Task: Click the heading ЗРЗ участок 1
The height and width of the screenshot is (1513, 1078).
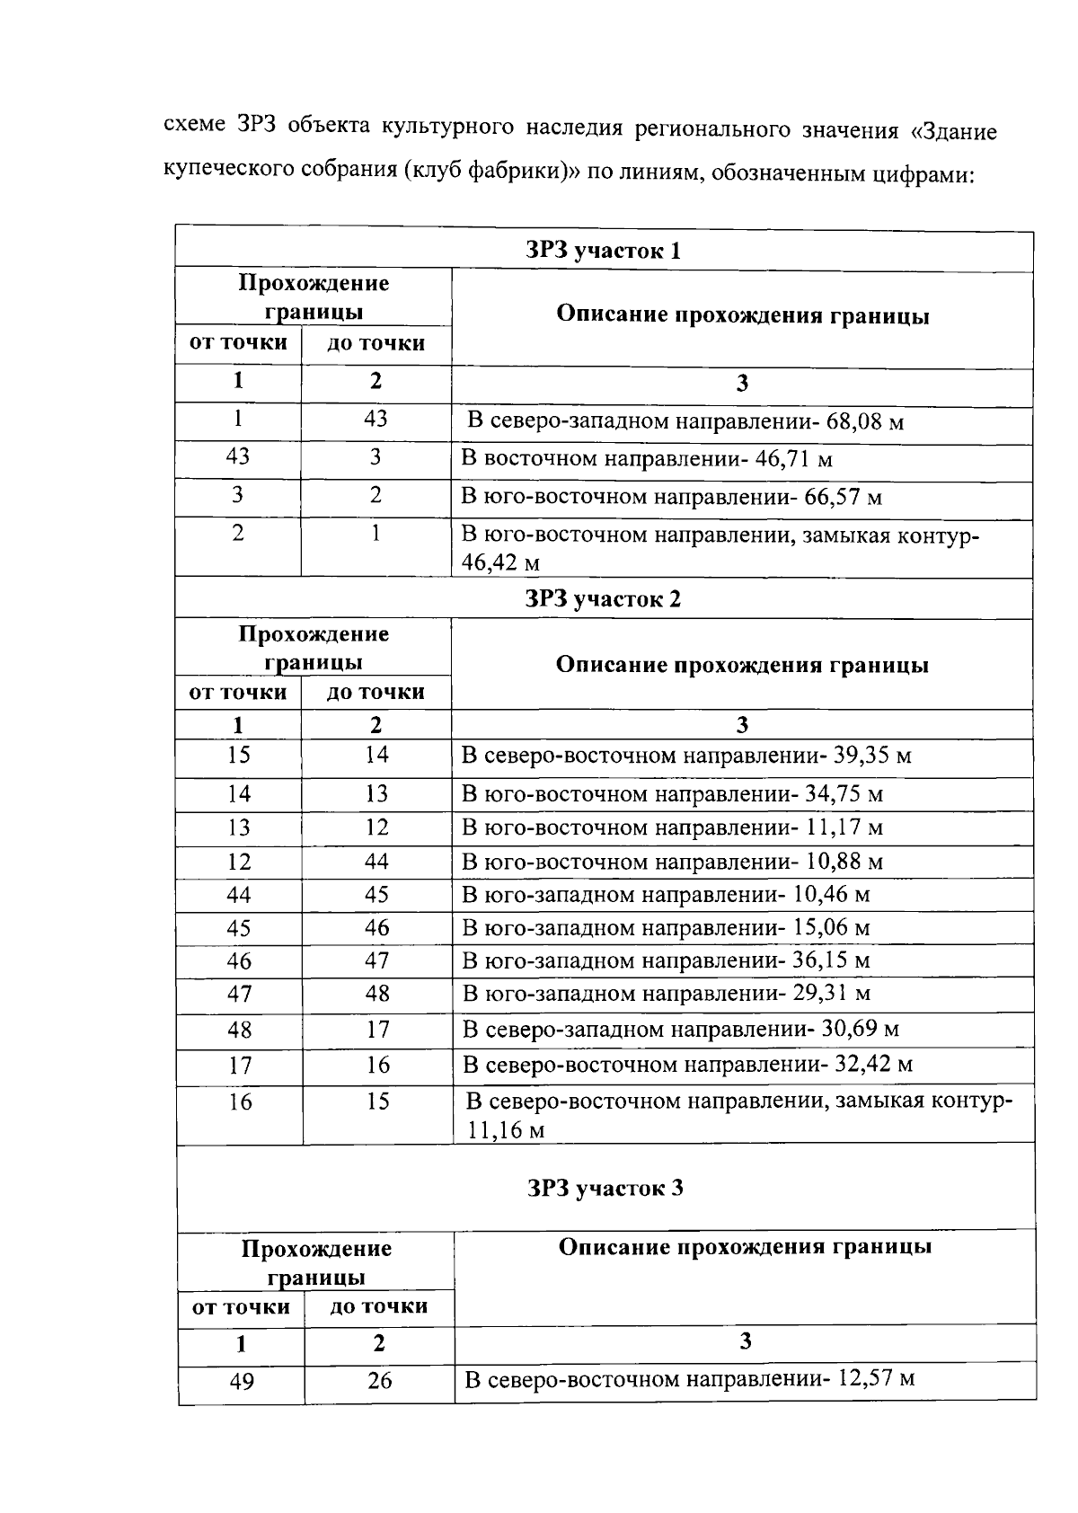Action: pos(603,251)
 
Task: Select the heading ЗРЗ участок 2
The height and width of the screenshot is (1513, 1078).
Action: pos(603,599)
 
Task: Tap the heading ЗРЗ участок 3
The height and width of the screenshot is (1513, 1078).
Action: pos(605,1188)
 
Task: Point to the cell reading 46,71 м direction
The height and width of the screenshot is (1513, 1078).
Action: pos(646,459)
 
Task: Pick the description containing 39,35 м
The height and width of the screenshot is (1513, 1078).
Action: pos(685,756)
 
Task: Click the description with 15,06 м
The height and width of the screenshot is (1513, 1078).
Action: pos(665,928)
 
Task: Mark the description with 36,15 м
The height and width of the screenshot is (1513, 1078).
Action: pos(665,960)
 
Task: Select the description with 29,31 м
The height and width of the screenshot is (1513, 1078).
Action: pos(665,994)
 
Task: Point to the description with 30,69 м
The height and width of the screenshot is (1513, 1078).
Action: pos(680,1029)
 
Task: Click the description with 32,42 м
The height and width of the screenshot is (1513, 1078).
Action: pos(686,1066)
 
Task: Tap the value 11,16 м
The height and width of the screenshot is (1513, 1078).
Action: pos(505,1130)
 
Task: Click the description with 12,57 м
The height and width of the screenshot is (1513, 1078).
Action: pos(689,1378)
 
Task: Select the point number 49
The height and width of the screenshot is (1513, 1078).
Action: pos(241,1381)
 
